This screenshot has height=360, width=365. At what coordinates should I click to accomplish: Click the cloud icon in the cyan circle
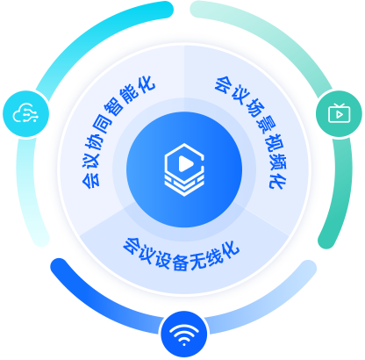[x=25, y=113]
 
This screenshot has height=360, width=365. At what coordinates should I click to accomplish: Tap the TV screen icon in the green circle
[x=340, y=113]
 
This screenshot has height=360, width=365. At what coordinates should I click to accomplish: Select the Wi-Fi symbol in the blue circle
[x=184, y=335]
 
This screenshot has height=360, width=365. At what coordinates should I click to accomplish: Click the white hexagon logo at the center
[x=184, y=169]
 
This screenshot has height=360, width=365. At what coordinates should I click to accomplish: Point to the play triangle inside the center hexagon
[x=185, y=163]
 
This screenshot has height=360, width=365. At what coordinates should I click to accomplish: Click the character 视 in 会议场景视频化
[x=271, y=143]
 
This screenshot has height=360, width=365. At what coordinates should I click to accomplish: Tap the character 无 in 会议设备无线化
[x=199, y=261]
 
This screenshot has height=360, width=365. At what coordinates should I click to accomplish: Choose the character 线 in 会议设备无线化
[x=214, y=257]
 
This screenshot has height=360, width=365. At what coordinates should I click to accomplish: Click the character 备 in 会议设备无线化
[x=181, y=262]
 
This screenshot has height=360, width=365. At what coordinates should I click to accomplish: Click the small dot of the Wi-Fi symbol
[x=184, y=344]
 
